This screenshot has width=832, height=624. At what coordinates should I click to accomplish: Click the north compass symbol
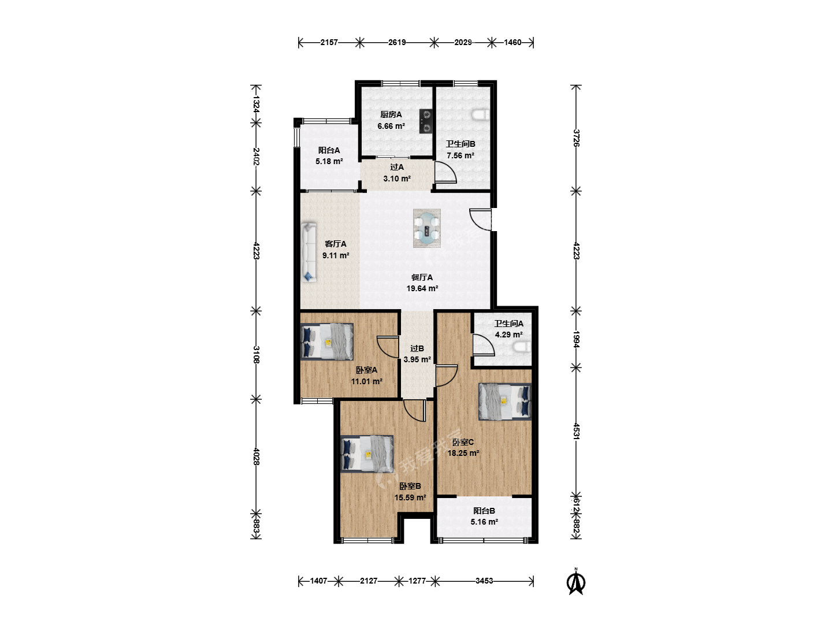pos(575,583)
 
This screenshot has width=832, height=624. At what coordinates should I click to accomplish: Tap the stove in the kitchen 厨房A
pos(426,121)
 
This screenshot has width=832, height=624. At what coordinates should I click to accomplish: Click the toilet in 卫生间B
pos(481,115)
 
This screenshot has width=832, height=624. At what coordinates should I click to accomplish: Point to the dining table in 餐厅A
pos(427,228)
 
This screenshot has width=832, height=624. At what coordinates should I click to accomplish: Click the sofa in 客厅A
pos(309,252)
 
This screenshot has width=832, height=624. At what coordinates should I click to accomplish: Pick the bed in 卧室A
pos(327,341)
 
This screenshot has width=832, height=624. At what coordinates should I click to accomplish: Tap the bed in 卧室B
pos(367,454)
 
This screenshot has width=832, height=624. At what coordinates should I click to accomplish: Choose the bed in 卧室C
pos(505,402)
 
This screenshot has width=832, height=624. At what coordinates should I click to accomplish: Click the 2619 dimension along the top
pos(397,42)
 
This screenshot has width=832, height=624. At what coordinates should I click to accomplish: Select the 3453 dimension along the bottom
pos(484,581)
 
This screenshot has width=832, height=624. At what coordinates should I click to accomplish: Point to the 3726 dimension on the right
pos(576,138)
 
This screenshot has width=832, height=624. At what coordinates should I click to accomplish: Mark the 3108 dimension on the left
pos(256,355)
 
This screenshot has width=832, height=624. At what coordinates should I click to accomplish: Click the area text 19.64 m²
pos(422,288)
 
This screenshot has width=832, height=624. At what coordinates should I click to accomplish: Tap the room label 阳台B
pos(484,511)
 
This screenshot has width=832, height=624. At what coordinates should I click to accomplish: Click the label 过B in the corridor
pos(417,348)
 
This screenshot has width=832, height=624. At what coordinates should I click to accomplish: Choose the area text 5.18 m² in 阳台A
pos(329,161)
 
